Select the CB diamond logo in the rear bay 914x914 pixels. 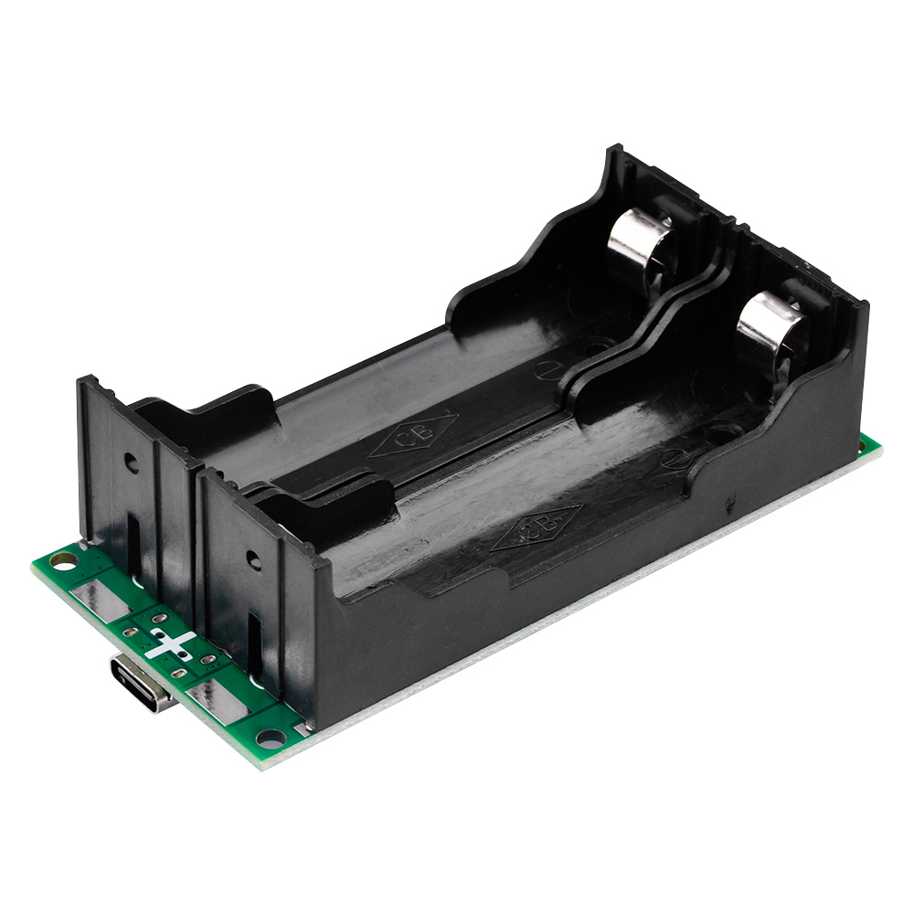414,433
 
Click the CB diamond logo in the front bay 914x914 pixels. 536,528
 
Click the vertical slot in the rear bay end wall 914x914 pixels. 134,539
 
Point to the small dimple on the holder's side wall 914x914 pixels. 728,502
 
